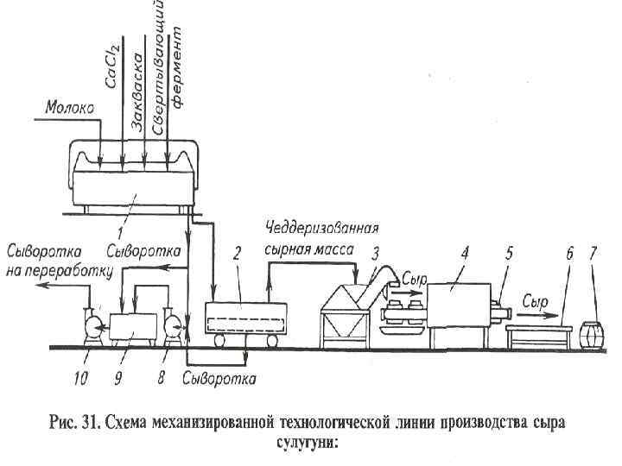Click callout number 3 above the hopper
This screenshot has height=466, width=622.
click(374, 254)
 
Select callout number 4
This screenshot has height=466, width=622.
click(465, 254)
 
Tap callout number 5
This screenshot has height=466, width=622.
click(509, 254)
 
